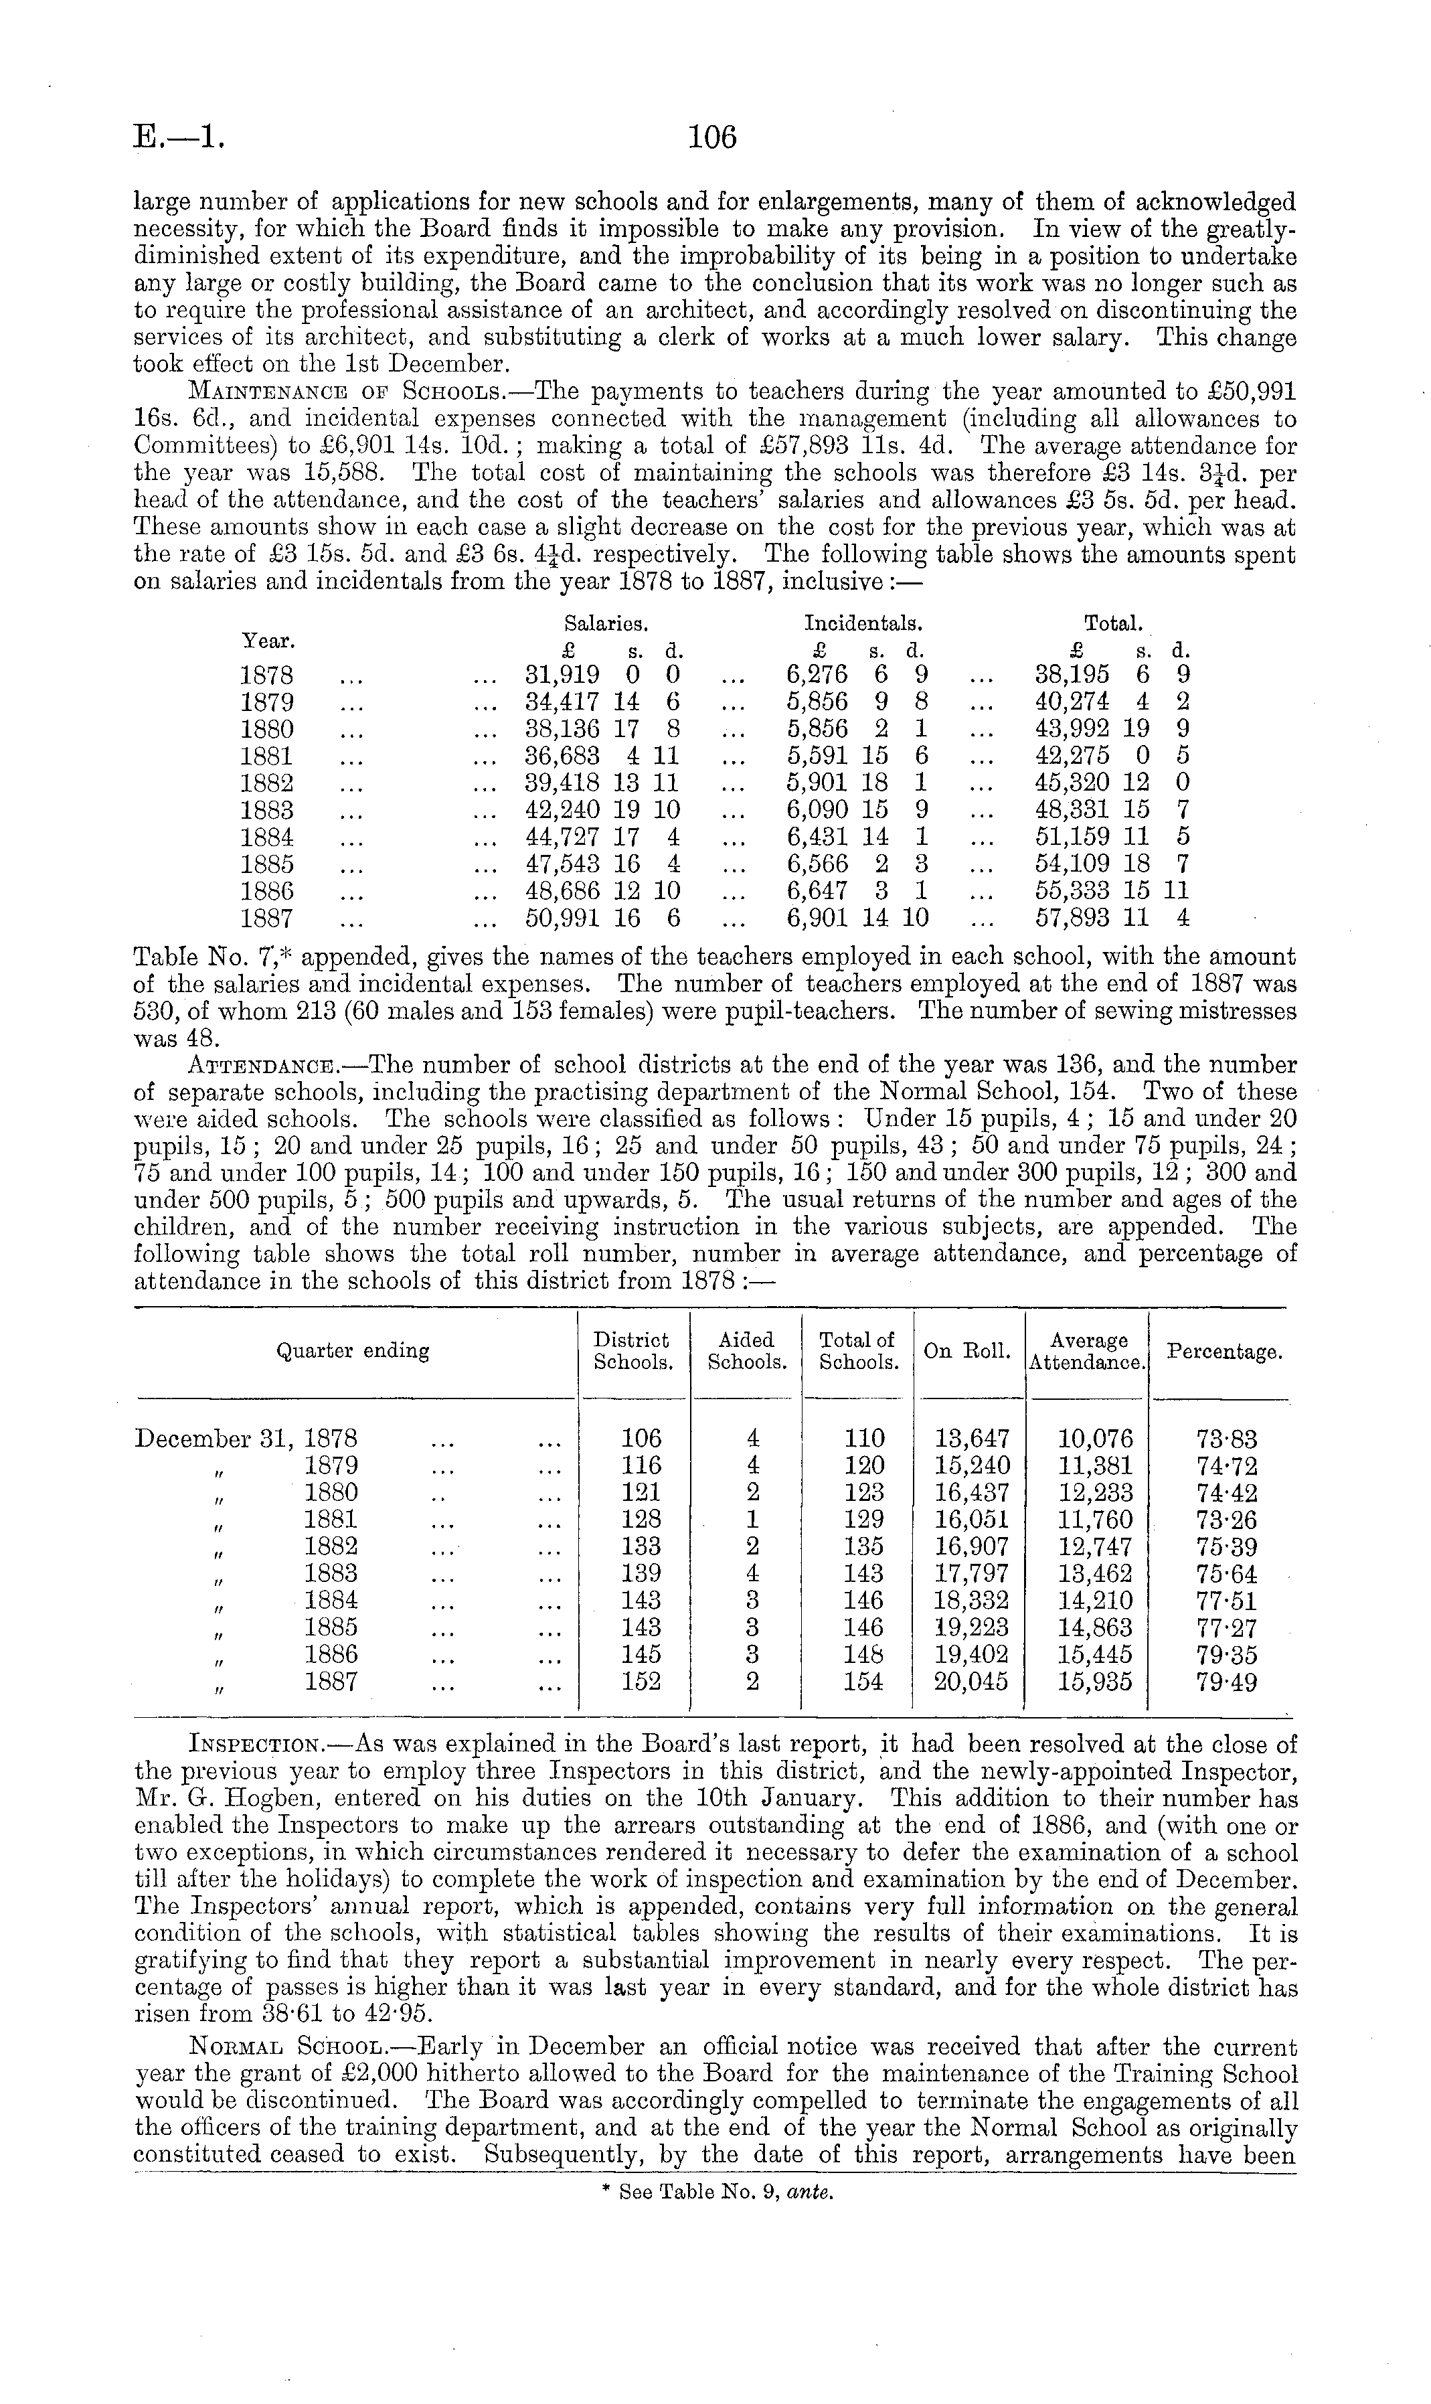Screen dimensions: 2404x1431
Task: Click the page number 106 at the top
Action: [713, 138]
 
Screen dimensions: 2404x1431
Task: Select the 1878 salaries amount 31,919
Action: [561, 675]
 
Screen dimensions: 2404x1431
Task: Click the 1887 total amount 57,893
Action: [1072, 918]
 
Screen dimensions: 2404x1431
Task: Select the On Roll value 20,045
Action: [972, 1682]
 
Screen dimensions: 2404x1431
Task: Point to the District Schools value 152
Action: [641, 1682]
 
